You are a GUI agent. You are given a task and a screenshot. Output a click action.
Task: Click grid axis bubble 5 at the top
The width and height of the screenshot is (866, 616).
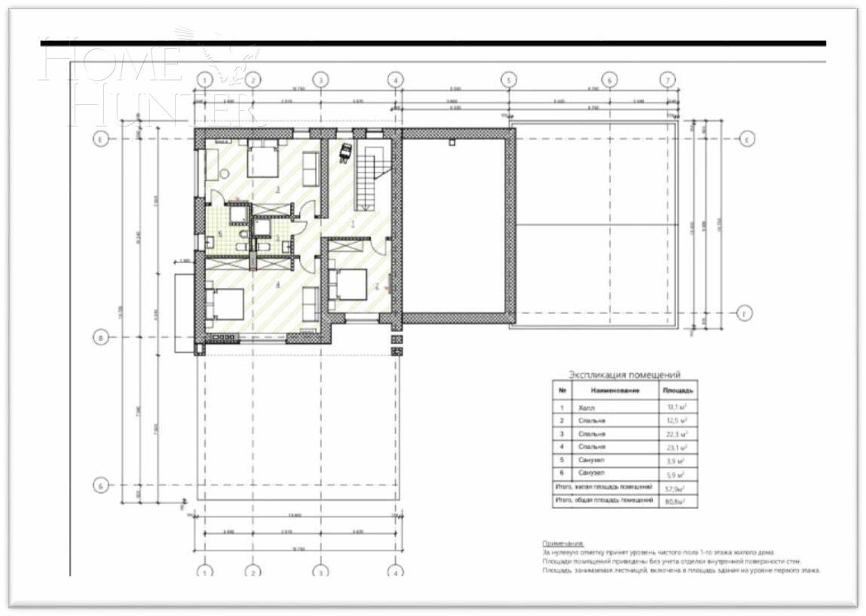[x=508, y=79]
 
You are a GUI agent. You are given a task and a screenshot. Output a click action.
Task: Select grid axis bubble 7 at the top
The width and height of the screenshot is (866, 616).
[x=666, y=79]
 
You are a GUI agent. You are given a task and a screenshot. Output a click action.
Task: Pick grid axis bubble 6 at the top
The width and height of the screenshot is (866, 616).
[x=609, y=79]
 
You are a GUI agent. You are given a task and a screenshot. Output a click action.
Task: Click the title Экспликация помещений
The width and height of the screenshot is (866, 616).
[x=624, y=374]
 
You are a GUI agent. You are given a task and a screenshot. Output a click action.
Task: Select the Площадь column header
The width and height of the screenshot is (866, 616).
[x=678, y=391]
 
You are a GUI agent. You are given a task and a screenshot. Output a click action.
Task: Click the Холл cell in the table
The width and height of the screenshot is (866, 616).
[x=586, y=407]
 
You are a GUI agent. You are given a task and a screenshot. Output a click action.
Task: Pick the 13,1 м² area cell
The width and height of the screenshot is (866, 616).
[x=678, y=407]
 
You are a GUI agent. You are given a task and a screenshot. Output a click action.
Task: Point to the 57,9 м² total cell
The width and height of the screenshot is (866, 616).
[x=678, y=488]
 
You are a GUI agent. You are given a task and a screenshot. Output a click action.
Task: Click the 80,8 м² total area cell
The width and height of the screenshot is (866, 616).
[x=678, y=501]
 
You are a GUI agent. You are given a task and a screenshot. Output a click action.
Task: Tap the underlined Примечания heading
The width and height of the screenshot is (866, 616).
[x=563, y=543]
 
